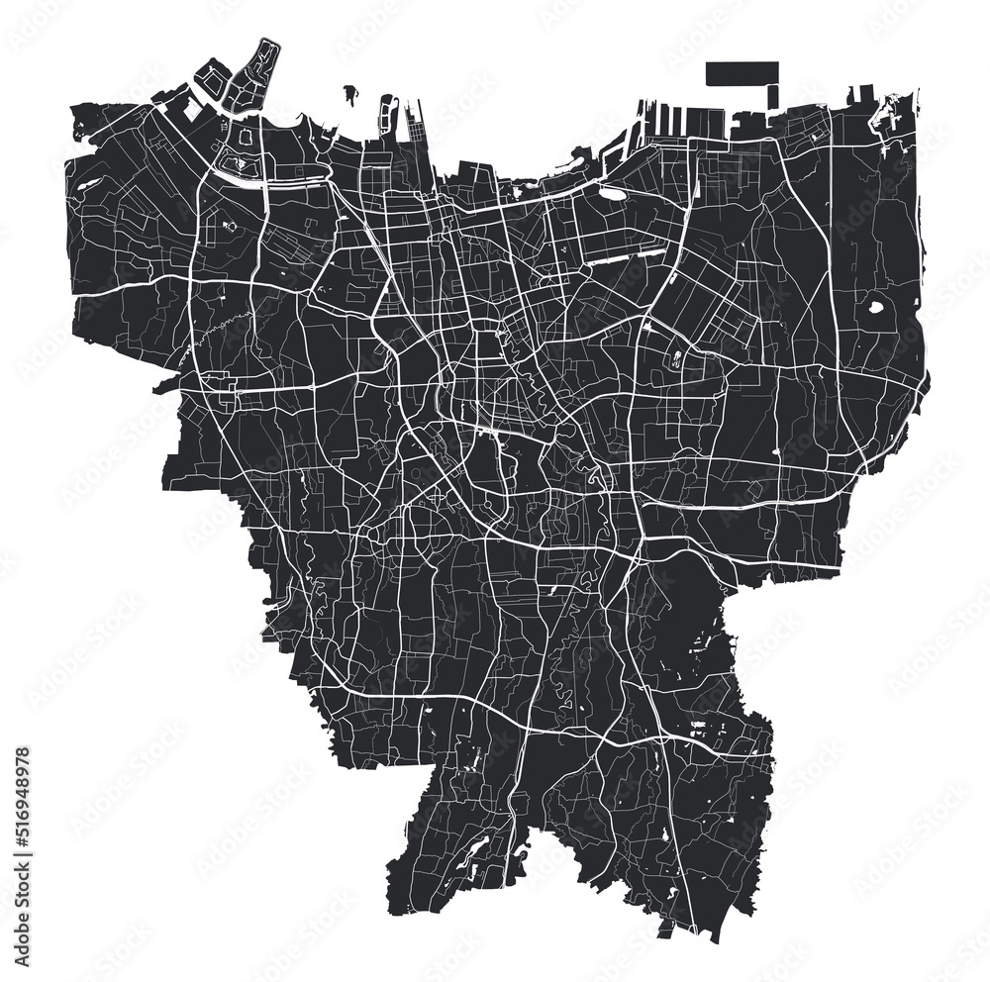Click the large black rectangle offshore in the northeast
[742, 74]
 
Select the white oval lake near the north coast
[614, 194]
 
